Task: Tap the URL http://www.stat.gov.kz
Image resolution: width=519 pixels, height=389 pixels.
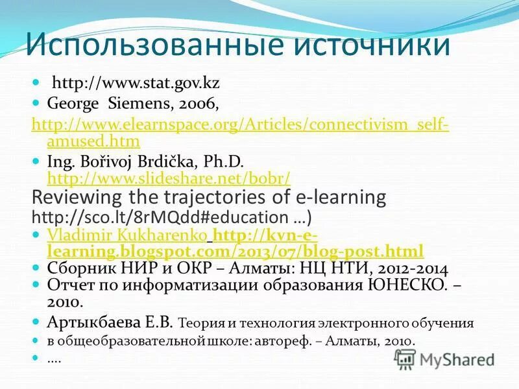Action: coord(136,83)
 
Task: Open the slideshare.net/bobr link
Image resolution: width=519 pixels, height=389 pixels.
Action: coord(169,178)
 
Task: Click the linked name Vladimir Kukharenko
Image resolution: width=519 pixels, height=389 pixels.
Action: coord(128,235)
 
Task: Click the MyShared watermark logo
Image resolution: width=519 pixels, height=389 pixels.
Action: coord(445,359)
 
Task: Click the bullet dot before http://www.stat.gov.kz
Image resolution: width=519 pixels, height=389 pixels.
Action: coord(37,84)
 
